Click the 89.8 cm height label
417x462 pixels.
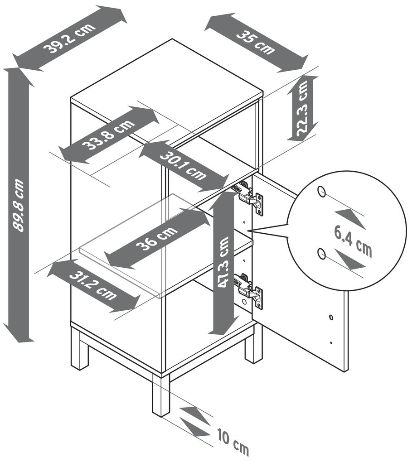pyautogui.click(x=19, y=205)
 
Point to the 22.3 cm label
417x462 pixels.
pyautogui.click(x=303, y=108)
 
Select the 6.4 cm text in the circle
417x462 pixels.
pyautogui.click(x=353, y=241)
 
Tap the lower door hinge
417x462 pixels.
pyautogui.click(x=248, y=290)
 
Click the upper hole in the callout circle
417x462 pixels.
pyautogui.click(x=321, y=191)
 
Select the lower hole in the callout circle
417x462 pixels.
pyautogui.click(x=321, y=253)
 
